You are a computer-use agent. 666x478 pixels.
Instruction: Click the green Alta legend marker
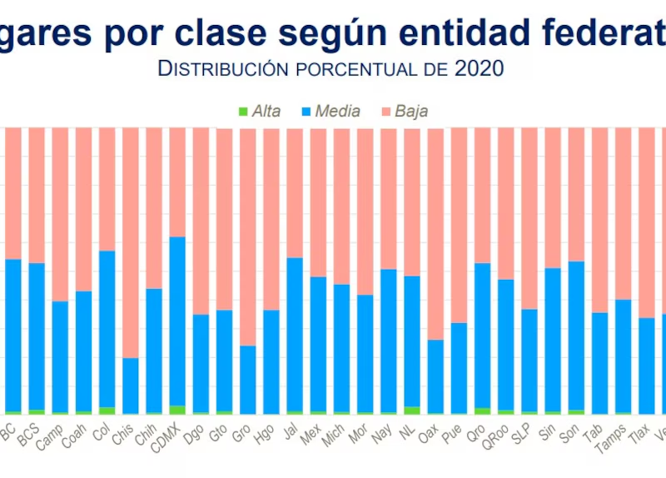[243, 111]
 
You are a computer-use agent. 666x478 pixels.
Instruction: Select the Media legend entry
[331, 111]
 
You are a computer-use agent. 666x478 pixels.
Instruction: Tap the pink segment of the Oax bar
[435, 233]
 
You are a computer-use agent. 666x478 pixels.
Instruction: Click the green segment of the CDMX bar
[177, 410]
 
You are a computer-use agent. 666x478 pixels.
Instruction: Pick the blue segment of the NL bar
[412, 341]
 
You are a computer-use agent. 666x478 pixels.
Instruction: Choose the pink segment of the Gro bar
[248, 237]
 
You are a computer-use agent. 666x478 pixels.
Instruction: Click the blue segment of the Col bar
[107, 329]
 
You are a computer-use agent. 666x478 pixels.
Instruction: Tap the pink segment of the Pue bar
[459, 225]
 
